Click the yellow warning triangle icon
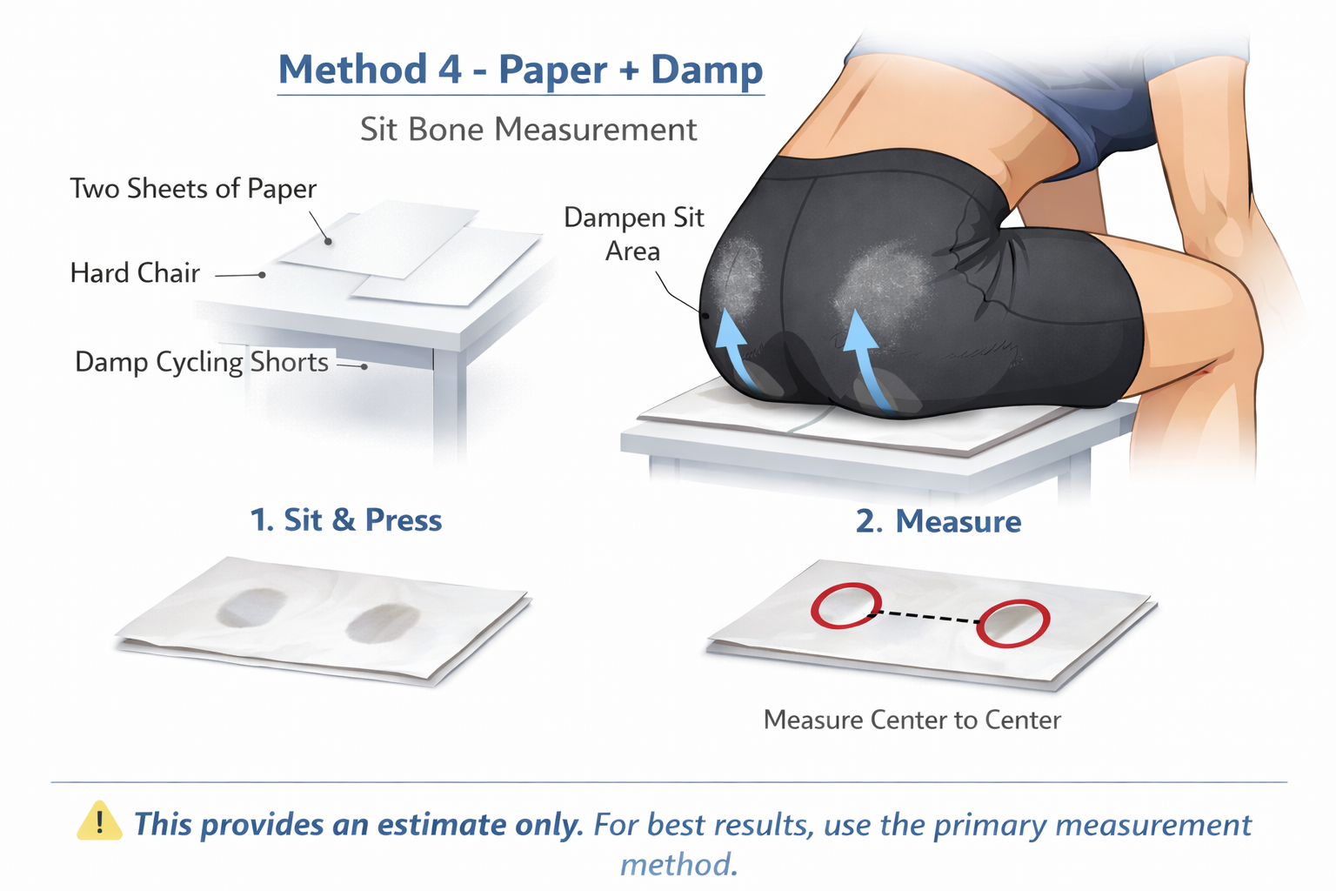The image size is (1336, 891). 100,821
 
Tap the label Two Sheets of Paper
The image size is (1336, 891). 193,189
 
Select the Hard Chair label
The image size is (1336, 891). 135,273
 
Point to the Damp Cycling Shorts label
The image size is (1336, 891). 202,362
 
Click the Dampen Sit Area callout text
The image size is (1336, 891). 634,234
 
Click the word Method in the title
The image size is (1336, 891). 353,69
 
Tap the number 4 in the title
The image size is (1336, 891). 451,70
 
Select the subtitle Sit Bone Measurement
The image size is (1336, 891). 529,130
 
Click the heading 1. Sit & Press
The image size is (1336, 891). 346,519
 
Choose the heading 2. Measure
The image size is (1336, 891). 939,521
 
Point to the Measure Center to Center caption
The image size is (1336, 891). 912,720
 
